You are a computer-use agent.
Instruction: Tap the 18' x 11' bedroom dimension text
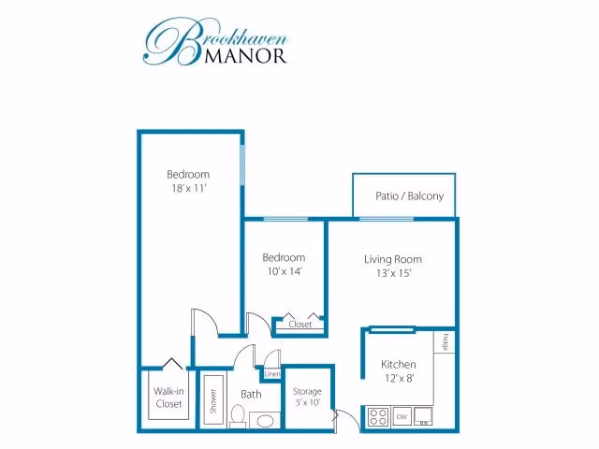point(189,188)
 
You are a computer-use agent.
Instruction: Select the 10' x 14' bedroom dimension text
point(285,271)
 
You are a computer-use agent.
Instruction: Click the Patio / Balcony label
point(410,196)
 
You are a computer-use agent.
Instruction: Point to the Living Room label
point(393,260)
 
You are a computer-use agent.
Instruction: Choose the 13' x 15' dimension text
point(394,273)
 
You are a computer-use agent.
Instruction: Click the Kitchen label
point(399,364)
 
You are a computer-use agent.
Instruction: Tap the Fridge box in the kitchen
point(445,342)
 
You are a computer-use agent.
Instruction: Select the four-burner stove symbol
point(378,416)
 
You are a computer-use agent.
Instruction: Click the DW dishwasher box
point(402,416)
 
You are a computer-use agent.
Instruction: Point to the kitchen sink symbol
point(423,416)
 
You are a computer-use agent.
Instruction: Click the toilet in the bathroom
point(238,416)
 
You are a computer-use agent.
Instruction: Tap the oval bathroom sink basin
point(265,421)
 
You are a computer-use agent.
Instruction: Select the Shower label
point(213,401)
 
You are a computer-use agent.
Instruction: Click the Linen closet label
point(272,374)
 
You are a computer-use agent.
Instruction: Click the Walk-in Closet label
point(168,398)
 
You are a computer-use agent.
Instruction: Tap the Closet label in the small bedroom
point(300,325)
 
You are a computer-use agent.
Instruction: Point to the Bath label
point(251,394)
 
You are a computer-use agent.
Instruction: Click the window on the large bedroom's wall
point(242,165)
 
